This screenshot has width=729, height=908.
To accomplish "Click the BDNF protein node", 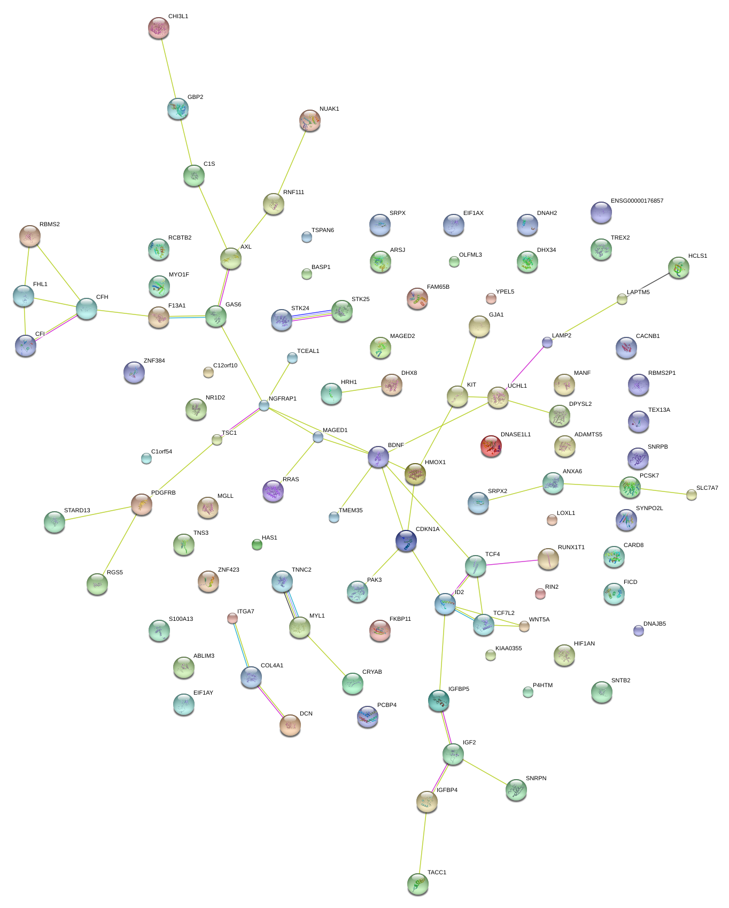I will click(378, 457).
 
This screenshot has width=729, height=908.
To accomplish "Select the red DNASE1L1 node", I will click(491, 446).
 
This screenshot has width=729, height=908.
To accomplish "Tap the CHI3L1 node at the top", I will click(158, 28).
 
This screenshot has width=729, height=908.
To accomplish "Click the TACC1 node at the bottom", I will click(417, 884).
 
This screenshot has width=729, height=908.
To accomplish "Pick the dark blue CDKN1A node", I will click(406, 541).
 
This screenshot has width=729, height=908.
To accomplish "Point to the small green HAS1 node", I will click(257, 544).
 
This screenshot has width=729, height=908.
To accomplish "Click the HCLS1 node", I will click(678, 267).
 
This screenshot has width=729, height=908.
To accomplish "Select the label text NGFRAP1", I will click(282, 399).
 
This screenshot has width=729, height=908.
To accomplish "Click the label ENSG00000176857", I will click(637, 201).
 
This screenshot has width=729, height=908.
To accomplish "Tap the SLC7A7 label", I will click(707, 488).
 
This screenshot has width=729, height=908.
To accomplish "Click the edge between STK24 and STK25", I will click(312, 315).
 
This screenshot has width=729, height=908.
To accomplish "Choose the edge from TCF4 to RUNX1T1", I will click(512, 563).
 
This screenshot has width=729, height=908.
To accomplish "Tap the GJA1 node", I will click(479, 326).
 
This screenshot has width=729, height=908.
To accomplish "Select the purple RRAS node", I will click(273, 490).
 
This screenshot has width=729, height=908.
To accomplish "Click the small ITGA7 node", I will click(232, 618).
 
